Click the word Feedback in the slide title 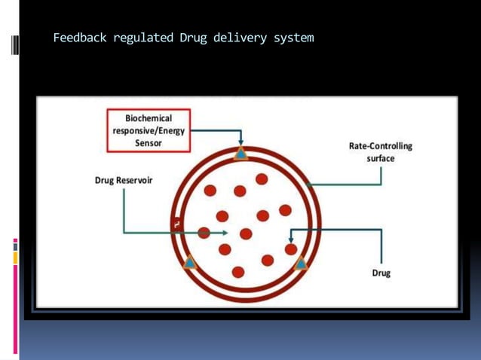point(80,37)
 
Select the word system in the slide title point(293,37)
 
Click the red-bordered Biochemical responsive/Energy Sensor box point(148,130)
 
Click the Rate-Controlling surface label point(380,152)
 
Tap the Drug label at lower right point(381,273)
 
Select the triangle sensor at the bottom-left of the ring point(189,263)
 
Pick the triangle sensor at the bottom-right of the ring point(300,263)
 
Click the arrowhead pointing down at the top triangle point(240,143)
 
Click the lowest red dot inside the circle point(238,272)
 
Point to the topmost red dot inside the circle point(262,179)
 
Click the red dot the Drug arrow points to point(291,249)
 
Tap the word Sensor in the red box point(148,143)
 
